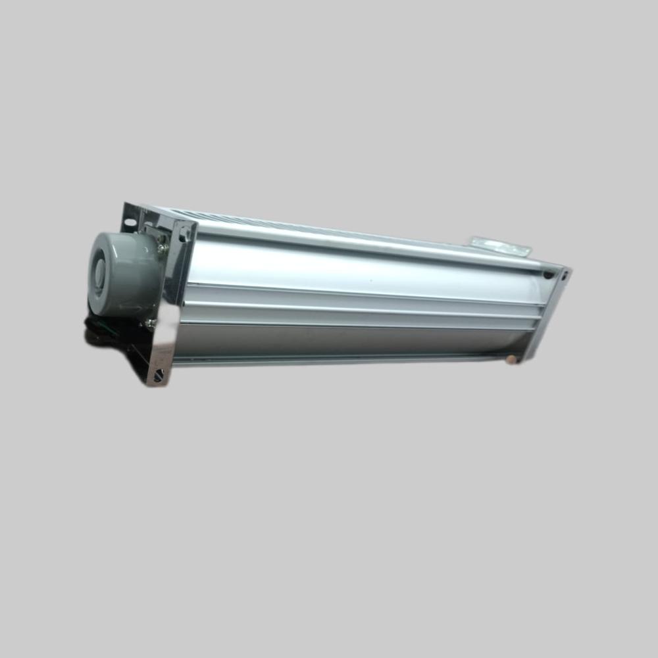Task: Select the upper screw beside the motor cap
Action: pos(162,248)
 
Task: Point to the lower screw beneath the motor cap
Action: pos(151,323)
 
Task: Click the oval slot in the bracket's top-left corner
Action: pos(130,222)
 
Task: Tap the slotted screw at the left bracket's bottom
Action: pos(159,376)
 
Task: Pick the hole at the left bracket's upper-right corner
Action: pos(186,232)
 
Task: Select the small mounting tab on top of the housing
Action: pos(500,246)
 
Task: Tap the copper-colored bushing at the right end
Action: pos(511,359)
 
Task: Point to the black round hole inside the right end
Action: pos(548,276)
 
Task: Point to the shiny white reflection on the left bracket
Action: pos(168,342)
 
